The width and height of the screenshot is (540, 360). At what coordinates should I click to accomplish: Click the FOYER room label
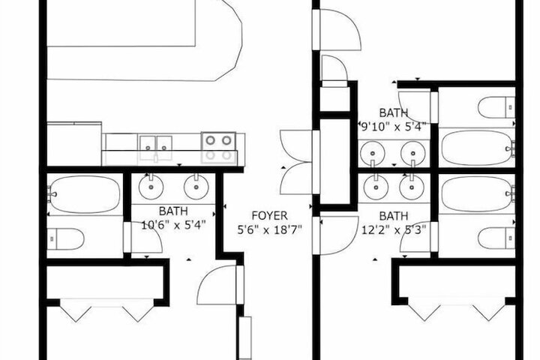tap(270, 216)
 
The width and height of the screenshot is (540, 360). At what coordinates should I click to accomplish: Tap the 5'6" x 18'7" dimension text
tap(270, 229)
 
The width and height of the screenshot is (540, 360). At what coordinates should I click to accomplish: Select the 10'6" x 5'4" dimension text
tap(173, 225)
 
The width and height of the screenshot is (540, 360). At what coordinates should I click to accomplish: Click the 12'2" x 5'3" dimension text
tap(394, 229)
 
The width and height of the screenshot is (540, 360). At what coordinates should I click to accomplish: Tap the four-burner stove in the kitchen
tap(219, 148)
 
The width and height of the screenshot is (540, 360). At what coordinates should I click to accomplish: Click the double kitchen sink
tap(156, 148)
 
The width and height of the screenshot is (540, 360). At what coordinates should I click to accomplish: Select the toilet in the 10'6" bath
tap(66, 238)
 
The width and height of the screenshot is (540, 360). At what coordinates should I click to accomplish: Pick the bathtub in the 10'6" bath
tap(85, 195)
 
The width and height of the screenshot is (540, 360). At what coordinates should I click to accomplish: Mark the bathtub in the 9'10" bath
tap(478, 148)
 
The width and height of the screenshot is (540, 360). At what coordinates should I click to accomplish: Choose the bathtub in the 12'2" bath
tap(478, 194)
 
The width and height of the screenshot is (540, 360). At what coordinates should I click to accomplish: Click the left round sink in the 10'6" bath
tap(151, 187)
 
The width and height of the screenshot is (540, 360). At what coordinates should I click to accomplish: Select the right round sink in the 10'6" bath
tap(196, 187)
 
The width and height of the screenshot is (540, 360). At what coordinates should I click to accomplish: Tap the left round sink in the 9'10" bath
tap(372, 153)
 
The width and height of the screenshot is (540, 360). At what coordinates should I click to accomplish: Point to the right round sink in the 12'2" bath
tap(412, 187)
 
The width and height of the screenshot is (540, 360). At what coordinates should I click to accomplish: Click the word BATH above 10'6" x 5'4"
tap(173, 211)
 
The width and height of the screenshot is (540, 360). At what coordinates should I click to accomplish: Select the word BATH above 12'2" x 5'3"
tap(394, 216)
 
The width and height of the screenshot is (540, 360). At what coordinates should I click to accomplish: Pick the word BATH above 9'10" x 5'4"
tap(394, 112)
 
